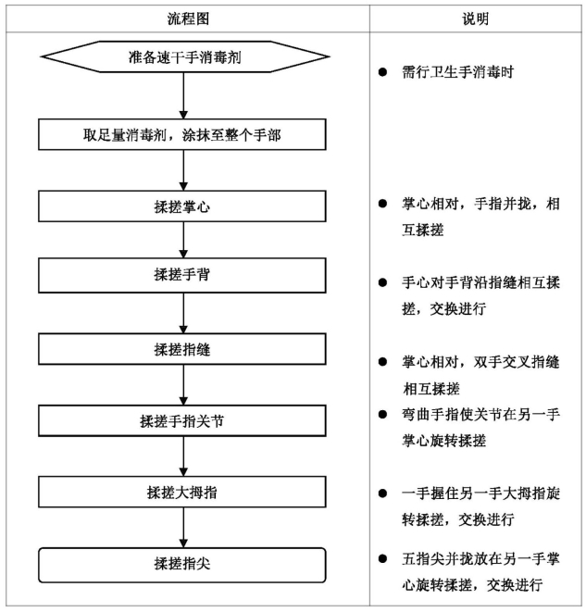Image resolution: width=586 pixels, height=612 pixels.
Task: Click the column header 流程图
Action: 189,19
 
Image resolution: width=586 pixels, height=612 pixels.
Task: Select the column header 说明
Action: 475,19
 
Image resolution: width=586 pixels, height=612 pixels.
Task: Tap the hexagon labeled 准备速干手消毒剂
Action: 185,57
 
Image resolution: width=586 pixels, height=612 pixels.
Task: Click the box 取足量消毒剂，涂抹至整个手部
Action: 182,134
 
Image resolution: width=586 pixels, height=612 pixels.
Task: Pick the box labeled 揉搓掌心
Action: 182,206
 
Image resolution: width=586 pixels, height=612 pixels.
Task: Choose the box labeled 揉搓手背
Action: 182,275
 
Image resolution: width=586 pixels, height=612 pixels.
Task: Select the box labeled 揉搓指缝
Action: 182,349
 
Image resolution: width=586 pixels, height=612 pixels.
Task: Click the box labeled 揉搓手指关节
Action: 182,420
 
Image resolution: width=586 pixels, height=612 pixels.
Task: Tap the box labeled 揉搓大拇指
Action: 182,493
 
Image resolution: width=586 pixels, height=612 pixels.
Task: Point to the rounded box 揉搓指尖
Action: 182,565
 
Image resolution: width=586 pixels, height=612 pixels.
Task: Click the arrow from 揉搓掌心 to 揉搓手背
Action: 183,240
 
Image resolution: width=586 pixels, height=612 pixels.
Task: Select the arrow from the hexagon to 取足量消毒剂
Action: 183,96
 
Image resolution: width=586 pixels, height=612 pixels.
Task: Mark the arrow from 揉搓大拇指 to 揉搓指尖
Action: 183,528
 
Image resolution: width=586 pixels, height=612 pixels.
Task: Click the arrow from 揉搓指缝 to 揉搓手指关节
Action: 183,385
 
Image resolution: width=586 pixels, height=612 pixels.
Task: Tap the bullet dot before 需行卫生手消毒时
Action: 382,72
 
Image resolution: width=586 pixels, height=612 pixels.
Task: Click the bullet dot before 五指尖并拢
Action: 382,558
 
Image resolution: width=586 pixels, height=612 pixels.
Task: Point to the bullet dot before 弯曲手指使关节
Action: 382,414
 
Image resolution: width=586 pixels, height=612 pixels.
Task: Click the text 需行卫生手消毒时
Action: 457,72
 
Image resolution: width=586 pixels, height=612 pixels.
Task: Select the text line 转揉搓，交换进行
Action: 458,519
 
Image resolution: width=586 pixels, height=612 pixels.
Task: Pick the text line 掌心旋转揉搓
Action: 444,441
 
